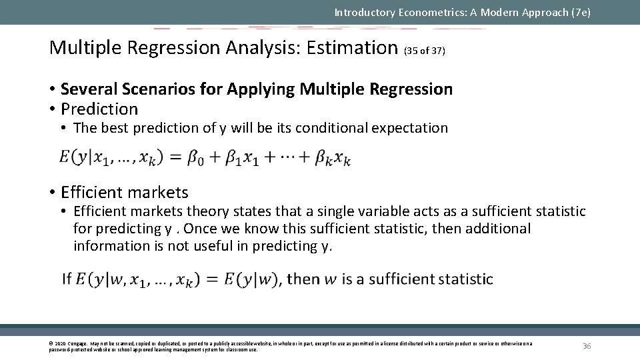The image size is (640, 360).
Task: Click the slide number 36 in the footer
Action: pyautogui.click(x=587, y=346)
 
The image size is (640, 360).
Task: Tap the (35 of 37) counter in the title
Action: pyautogui.click(x=425, y=50)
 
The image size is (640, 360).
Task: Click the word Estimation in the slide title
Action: pyautogui.click(x=352, y=48)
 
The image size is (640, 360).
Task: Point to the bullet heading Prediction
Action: pyautogui.click(x=99, y=109)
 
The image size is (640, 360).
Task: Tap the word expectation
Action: pyautogui.click(x=411, y=128)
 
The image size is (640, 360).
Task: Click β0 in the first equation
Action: pyautogui.click(x=195, y=158)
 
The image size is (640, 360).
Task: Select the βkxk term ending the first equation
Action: pyautogui.click(x=333, y=159)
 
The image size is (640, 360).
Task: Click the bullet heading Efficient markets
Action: pyautogui.click(x=125, y=193)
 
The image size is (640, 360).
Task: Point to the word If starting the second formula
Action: pyautogui.click(x=67, y=279)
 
